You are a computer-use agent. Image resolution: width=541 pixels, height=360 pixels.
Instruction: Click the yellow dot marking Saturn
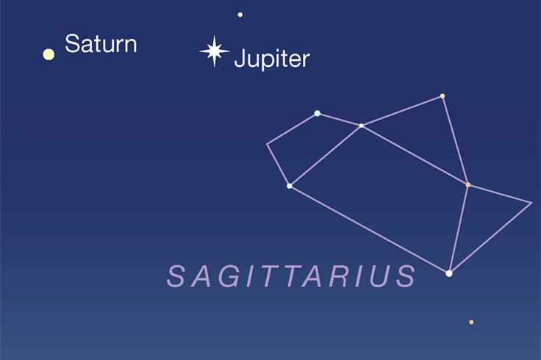point(49,54)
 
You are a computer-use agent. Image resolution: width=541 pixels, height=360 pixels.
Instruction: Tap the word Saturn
point(101,44)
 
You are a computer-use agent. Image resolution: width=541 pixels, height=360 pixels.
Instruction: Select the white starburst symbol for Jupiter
point(214,51)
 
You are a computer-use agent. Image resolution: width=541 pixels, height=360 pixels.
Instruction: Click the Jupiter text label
point(272,59)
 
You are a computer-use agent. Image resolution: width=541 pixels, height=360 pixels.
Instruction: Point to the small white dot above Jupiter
point(240,15)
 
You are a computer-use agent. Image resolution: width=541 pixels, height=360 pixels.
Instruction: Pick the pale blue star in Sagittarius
point(317,113)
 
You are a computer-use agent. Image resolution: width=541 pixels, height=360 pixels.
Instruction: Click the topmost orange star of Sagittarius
point(443,96)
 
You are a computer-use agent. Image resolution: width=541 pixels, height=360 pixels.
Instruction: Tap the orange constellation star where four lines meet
point(467,185)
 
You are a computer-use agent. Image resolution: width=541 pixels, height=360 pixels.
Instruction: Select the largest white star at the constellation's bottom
point(449,273)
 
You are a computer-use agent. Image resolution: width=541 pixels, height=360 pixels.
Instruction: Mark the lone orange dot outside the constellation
point(471,322)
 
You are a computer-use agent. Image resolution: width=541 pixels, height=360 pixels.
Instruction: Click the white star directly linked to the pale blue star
point(361,126)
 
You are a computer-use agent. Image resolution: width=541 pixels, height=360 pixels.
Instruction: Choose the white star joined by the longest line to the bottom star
point(290,186)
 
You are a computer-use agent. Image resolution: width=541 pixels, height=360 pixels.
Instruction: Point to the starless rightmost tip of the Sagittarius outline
point(531,203)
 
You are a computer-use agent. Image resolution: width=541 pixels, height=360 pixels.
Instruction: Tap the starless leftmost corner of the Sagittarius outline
point(267,144)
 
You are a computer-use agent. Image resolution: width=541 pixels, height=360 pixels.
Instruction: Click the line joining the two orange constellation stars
point(455,140)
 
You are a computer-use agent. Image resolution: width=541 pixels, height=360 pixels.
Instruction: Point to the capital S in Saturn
point(71,43)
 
